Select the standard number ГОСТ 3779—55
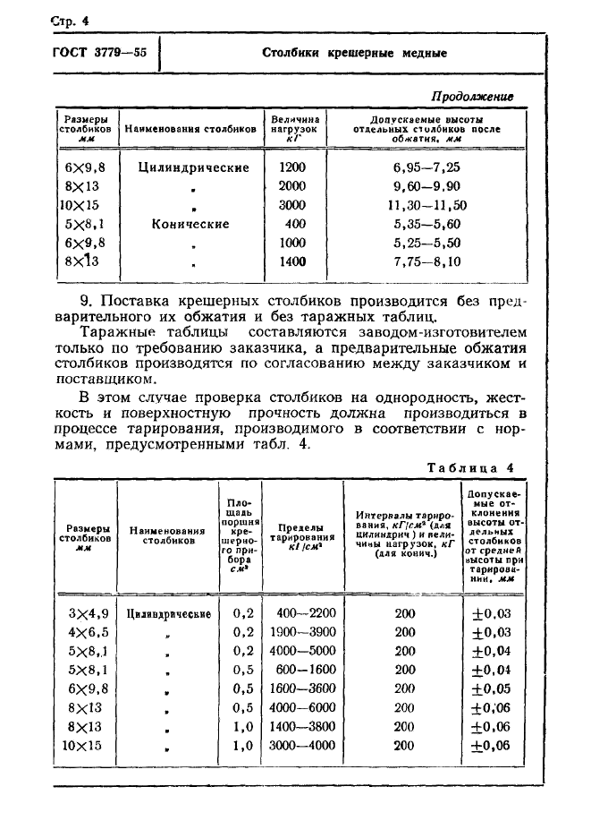click(x=95, y=52)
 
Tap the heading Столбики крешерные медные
click(x=354, y=53)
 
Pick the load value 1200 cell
click(x=291, y=167)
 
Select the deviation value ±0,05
click(x=492, y=688)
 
